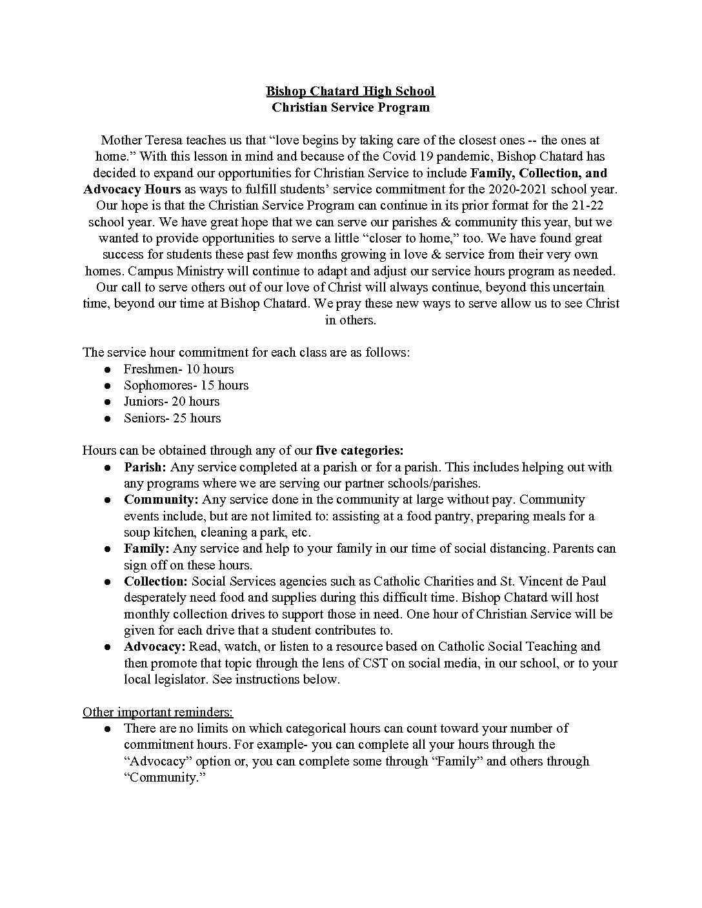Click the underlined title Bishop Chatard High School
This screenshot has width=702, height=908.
[x=350, y=91]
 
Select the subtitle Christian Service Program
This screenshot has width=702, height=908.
[x=350, y=107]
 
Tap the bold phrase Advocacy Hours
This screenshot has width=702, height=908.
[x=132, y=189]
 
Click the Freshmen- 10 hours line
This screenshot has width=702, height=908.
[x=179, y=369]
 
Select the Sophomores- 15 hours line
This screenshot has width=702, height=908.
[x=186, y=385]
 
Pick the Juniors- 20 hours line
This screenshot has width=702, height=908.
[x=172, y=401]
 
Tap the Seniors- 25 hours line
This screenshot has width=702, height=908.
[x=172, y=418]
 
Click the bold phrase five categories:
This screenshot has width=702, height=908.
[x=359, y=450]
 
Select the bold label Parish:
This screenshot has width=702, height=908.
[x=145, y=467]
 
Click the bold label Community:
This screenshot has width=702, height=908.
[x=161, y=499]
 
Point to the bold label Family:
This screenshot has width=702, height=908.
[x=146, y=548]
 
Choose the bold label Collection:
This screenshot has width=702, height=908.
[x=156, y=581]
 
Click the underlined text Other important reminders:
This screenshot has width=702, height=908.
[x=158, y=711]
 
